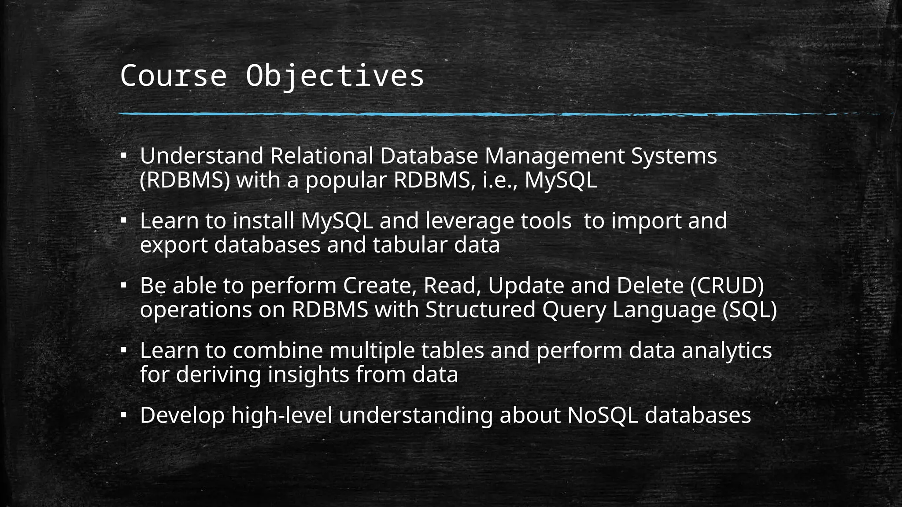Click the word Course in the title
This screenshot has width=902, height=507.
(173, 76)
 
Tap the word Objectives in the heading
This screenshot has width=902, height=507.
(335, 77)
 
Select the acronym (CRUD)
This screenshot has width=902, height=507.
(727, 286)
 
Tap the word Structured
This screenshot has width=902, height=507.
(480, 309)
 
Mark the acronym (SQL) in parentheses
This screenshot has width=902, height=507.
(750, 310)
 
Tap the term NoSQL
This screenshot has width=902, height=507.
(603, 415)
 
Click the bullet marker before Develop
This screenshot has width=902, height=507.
(124, 415)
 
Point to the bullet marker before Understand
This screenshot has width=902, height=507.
(124, 155)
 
